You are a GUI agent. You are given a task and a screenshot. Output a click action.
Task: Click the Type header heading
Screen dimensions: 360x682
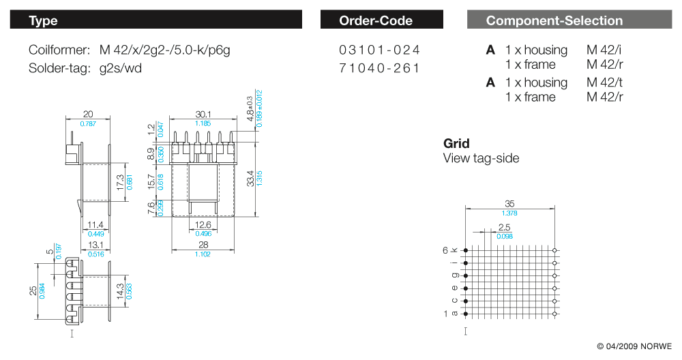pos(43,20)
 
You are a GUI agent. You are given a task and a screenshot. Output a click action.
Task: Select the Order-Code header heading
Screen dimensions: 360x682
pos(375,20)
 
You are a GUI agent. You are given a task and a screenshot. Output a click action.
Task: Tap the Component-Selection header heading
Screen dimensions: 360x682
pos(554,20)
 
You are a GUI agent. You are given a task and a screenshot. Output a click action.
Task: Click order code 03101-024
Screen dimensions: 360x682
pos(379,50)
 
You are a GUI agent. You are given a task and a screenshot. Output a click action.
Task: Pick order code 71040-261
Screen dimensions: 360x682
pos(379,67)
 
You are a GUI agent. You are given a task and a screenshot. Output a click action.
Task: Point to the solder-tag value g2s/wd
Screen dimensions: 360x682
pos(121,67)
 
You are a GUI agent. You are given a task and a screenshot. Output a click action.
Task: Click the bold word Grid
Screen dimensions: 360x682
pos(456,144)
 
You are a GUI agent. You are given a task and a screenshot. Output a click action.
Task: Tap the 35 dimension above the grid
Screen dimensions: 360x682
pos(509,203)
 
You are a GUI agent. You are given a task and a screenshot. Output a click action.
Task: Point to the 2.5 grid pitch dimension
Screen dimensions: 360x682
pos(505,227)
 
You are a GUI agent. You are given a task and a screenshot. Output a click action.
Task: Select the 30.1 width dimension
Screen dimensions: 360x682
pos(203,115)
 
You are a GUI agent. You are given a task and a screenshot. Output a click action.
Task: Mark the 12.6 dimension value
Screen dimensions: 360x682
pos(203,225)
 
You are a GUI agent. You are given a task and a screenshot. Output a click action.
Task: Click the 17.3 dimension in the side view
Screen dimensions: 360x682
pos(120,182)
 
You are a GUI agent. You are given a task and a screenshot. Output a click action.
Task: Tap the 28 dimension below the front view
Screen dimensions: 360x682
pos(203,245)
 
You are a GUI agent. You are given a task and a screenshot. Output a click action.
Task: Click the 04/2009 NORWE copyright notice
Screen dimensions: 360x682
pos(634,346)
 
